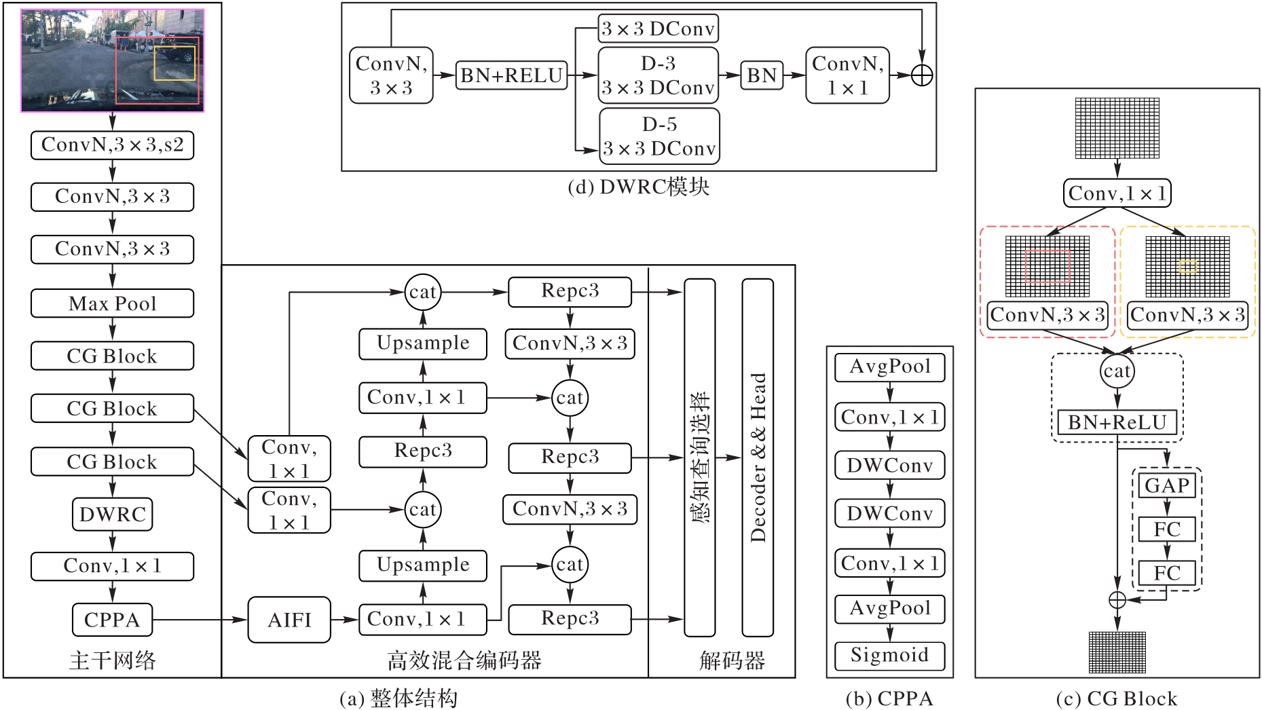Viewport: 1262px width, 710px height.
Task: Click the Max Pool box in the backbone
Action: [112, 303]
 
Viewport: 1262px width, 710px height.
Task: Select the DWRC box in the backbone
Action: [112, 515]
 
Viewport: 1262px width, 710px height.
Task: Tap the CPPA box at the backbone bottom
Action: [112, 620]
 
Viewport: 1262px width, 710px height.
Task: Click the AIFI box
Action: [289, 620]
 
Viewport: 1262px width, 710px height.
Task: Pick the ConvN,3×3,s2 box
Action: [112, 145]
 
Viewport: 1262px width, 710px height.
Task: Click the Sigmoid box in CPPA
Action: [889, 655]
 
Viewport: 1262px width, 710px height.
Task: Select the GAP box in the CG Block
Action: [1167, 486]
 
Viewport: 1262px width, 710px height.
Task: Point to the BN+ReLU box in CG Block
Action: [1117, 423]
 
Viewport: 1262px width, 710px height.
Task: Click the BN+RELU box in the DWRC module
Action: [511, 75]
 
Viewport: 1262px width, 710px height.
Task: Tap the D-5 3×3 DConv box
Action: [659, 136]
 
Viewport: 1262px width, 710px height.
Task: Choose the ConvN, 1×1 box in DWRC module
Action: [847, 75]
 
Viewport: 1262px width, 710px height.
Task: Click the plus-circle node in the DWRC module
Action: [921, 75]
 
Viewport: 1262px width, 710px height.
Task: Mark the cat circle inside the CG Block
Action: [1117, 371]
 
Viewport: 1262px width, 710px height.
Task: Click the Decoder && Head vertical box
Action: [758, 457]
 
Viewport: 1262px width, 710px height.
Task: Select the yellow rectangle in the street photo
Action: [174, 63]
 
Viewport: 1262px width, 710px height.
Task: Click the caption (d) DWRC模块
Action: [638, 187]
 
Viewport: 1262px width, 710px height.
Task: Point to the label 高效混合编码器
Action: [464, 660]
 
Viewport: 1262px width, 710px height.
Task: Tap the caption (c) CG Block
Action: [1117, 698]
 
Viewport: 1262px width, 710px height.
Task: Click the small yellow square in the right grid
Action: [1187, 267]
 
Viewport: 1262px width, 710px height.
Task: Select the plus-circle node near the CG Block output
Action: [1117, 600]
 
